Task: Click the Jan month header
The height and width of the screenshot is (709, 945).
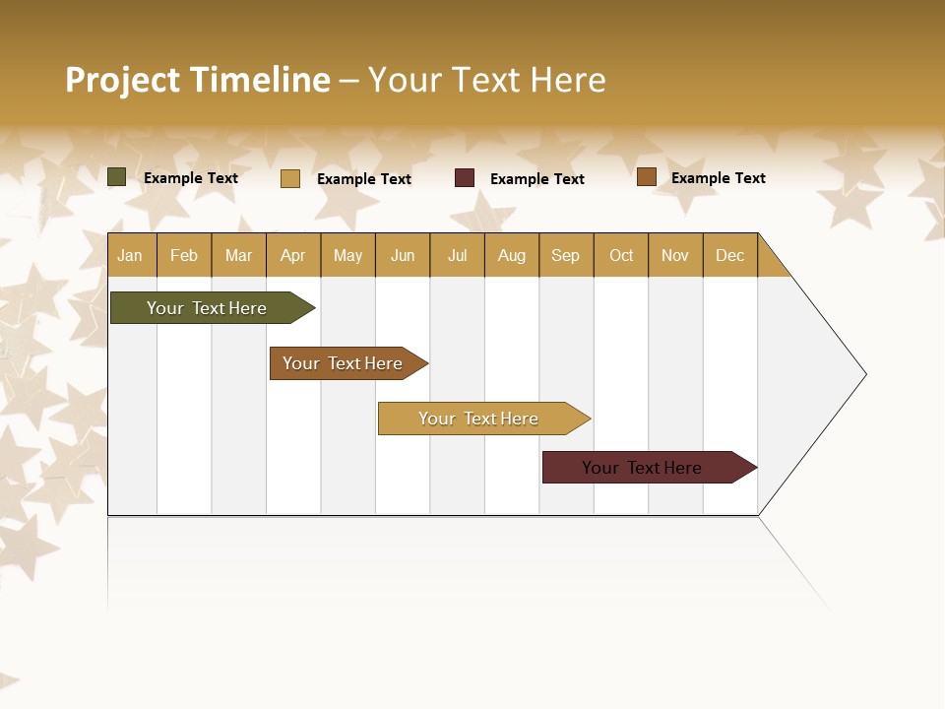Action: (x=131, y=256)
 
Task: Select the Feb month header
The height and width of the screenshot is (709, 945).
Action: (x=184, y=256)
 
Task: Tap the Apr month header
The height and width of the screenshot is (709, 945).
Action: (x=293, y=256)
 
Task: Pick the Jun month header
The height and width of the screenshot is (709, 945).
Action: (x=403, y=256)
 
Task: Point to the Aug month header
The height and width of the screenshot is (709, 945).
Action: (x=512, y=256)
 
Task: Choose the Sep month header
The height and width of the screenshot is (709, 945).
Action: (x=566, y=256)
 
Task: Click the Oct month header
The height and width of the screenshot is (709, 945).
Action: (x=621, y=256)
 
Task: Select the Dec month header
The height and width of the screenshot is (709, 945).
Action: (x=730, y=256)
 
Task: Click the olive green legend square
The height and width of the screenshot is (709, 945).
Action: (x=117, y=177)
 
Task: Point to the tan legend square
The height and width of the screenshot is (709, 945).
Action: (x=290, y=178)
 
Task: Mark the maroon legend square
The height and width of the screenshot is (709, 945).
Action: (x=465, y=178)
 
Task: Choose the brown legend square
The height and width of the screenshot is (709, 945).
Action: (x=647, y=177)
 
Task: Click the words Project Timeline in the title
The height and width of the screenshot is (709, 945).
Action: (x=198, y=80)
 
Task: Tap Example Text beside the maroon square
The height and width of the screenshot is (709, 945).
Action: (x=537, y=179)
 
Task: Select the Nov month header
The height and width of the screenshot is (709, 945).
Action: (x=675, y=256)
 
